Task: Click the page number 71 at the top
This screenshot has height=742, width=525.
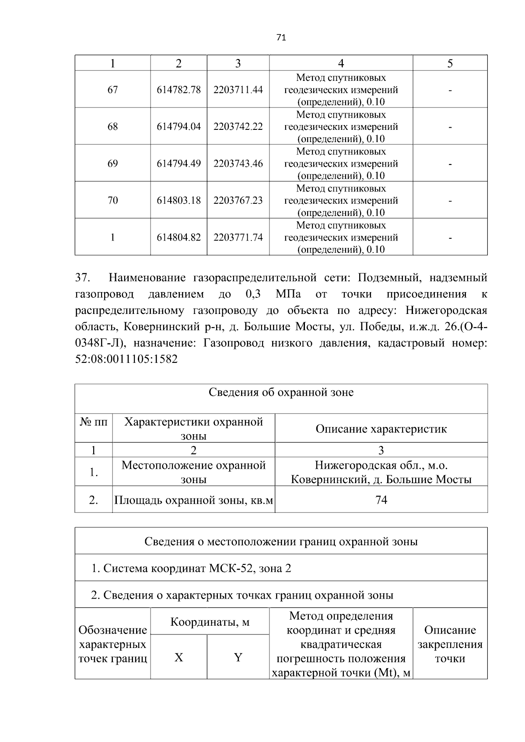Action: (x=281, y=38)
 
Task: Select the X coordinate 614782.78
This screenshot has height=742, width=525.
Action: (x=178, y=90)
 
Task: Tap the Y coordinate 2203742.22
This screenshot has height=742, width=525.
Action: (x=238, y=126)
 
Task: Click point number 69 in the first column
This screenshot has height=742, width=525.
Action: (x=112, y=164)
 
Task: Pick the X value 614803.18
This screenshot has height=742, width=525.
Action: (x=178, y=200)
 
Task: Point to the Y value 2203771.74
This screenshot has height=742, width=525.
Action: (x=238, y=237)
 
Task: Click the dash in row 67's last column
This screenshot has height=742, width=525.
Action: (x=450, y=90)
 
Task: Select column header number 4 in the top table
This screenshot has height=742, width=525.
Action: (x=341, y=63)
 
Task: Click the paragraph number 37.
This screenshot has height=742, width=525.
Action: (x=83, y=278)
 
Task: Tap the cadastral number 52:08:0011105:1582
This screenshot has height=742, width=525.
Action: (x=126, y=359)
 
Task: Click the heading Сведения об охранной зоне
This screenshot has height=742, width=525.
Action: (x=281, y=392)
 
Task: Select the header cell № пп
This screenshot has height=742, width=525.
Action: (x=93, y=422)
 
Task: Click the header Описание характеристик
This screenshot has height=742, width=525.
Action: (x=381, y=428)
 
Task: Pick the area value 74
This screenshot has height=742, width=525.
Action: (x=381, y=500)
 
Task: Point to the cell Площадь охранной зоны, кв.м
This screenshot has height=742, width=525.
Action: (x=194, y=500)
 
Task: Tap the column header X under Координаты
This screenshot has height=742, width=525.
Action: (x=178, y=657)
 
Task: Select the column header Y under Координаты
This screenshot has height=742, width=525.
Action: (x=238, y=657)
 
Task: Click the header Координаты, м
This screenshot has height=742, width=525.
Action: (x=210, y=622)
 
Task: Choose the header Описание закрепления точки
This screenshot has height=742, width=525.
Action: (x=450, y=644)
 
